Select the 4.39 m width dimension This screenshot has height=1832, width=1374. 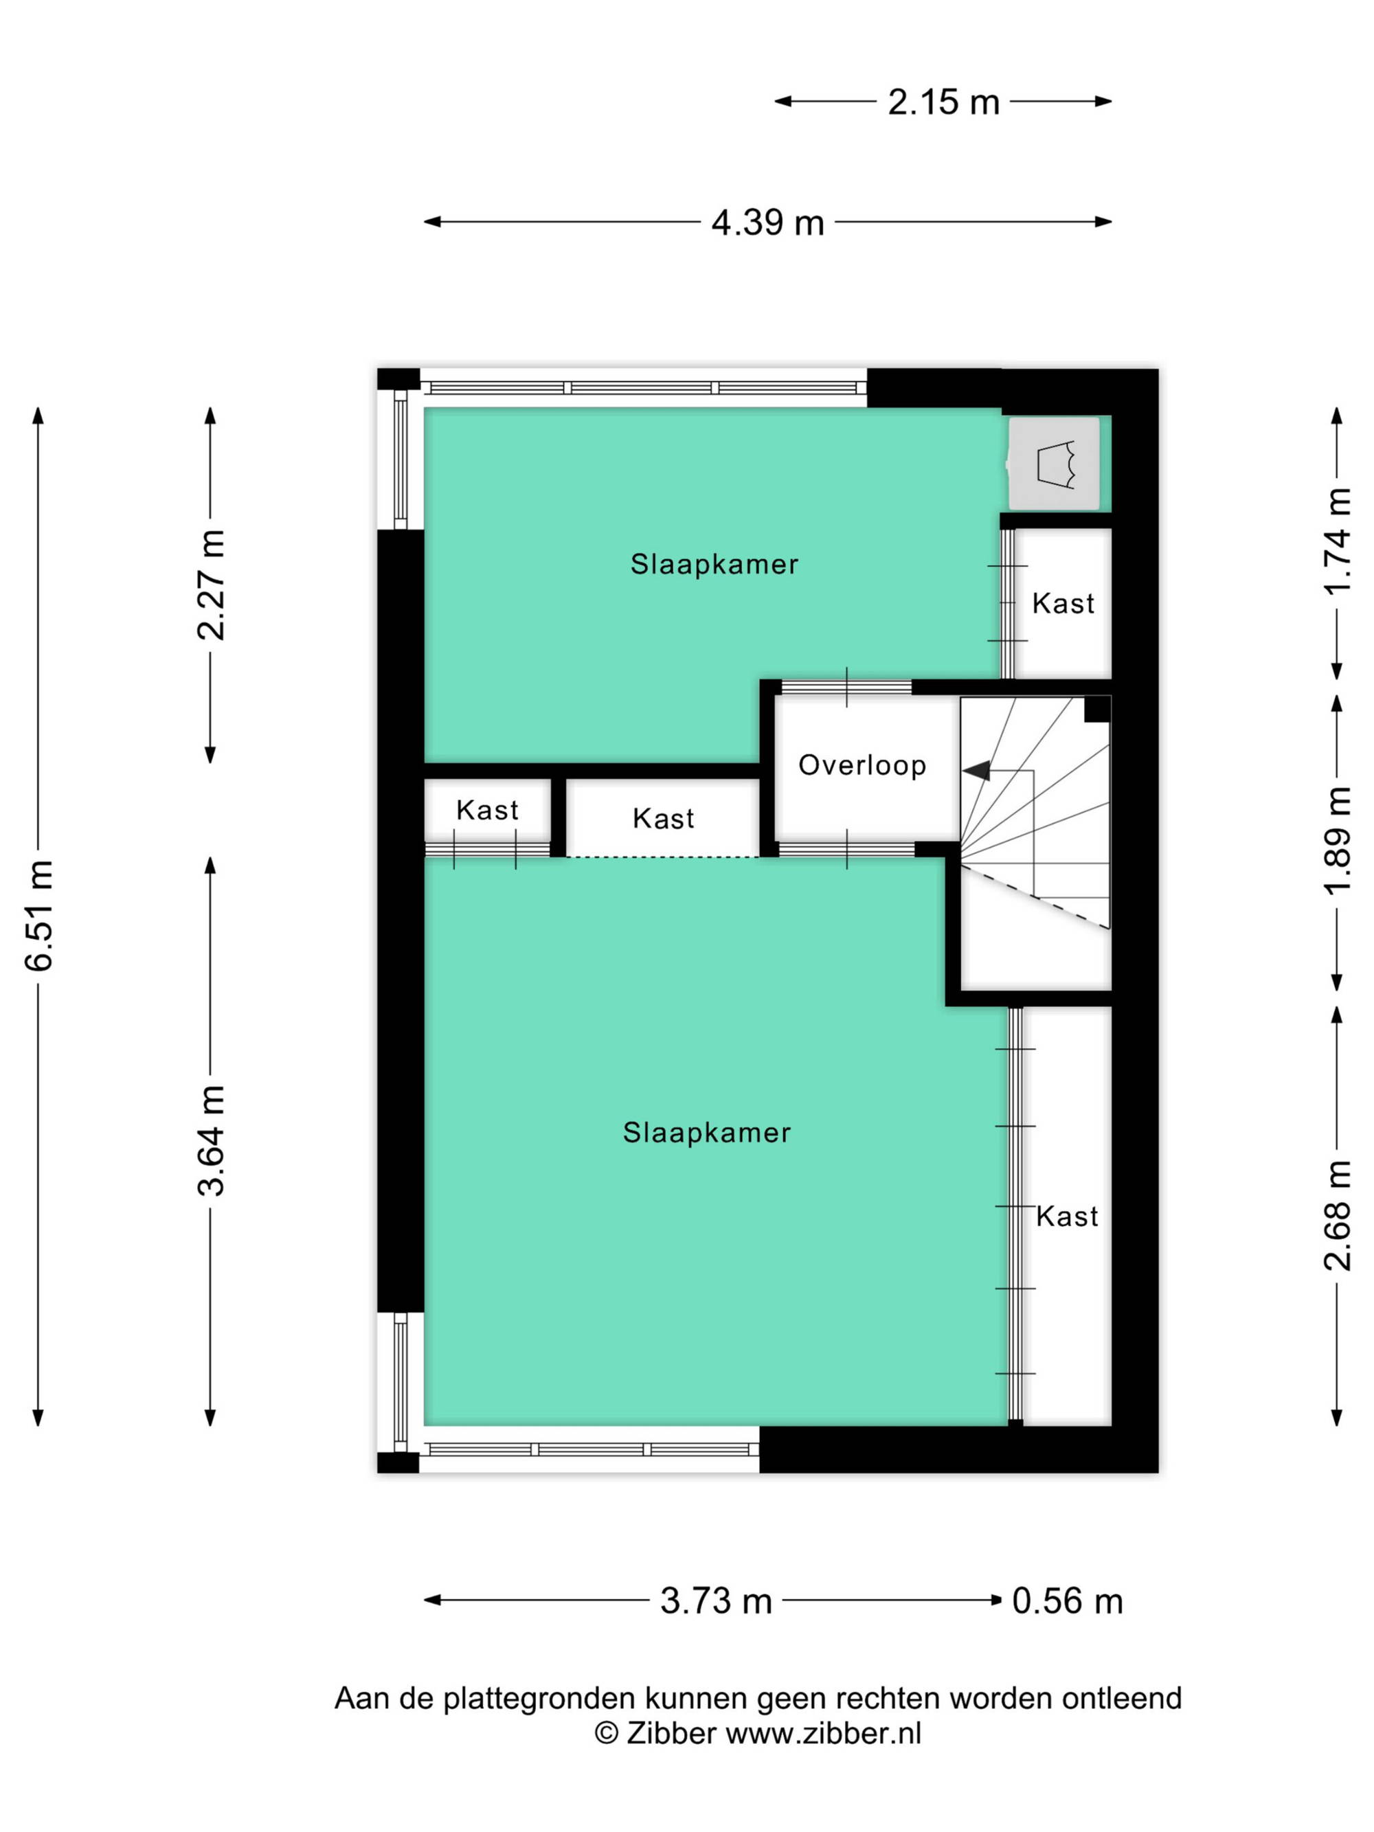768,223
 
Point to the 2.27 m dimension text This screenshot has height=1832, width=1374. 211,585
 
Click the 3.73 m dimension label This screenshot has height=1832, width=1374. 716,1601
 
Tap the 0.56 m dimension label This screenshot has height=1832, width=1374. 1068,1601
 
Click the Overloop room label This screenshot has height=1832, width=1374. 862,765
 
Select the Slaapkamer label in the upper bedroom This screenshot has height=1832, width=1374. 714,564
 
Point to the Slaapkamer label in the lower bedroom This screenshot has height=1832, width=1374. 706,1132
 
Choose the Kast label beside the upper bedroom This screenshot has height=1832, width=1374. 1063,603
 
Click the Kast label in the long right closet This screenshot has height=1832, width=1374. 1067,1216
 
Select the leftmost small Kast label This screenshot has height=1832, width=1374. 487,809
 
